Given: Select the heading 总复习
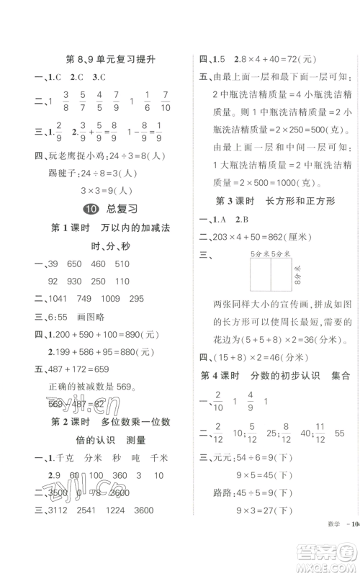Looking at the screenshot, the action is (122, 210).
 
